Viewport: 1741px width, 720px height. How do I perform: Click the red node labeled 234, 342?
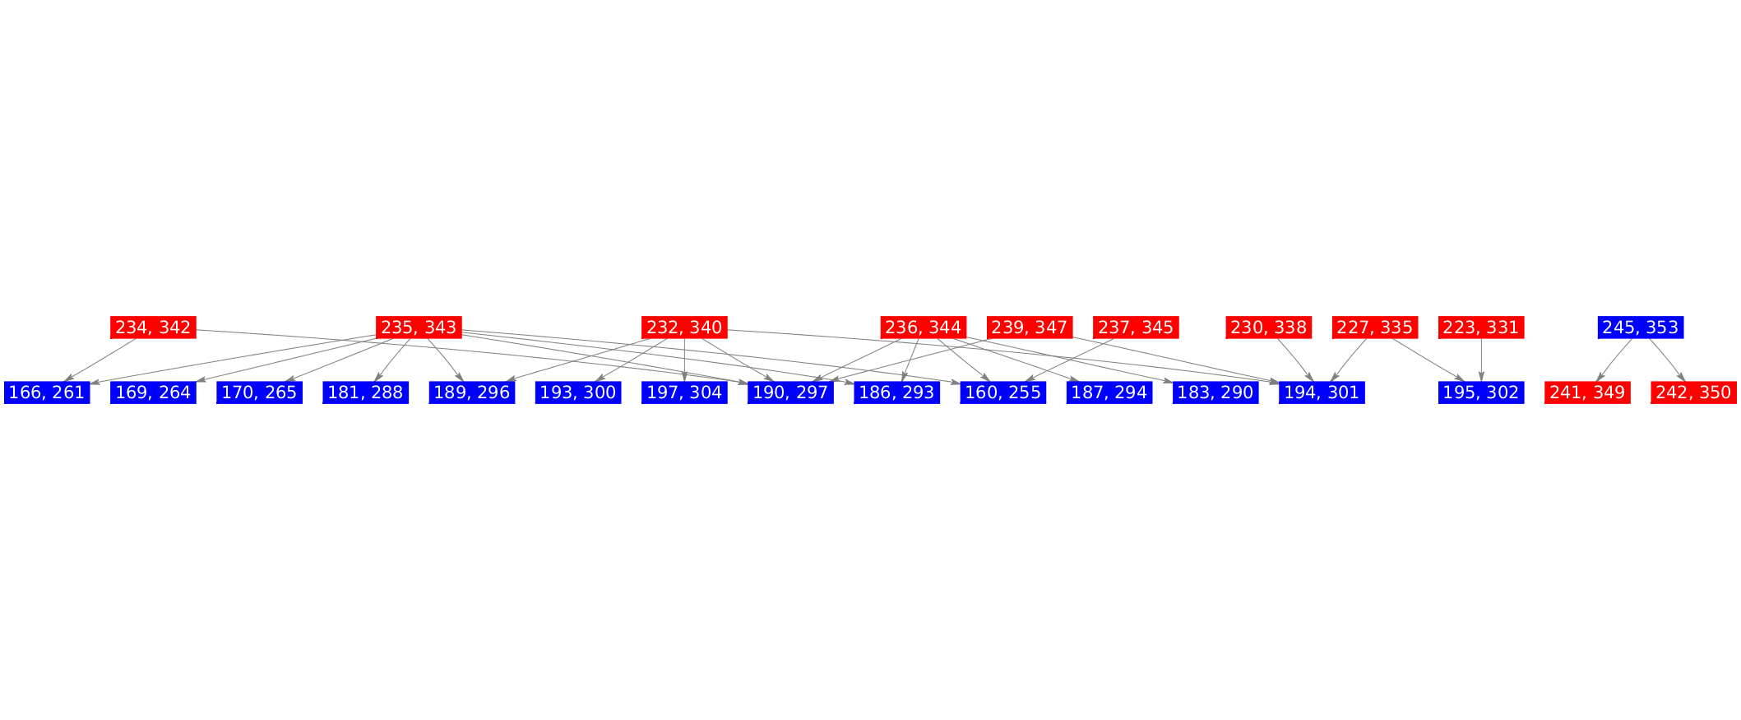coord(153,327)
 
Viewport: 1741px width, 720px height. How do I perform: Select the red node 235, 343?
coord(419,327)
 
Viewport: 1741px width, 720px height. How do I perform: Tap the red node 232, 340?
coord(684,327)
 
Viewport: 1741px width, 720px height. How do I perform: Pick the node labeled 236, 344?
coord(923,327)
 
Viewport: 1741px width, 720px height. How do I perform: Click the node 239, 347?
coord(1029,327)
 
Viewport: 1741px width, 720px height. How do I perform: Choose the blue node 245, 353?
coord(1640,327)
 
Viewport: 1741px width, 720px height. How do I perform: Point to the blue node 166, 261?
coord(47,393)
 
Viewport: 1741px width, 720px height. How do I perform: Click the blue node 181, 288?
coord(365,393)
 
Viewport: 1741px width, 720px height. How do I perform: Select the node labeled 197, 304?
coord(684,393)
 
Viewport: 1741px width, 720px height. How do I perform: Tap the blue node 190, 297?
coord(790,393)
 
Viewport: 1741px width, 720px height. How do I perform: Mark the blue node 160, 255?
coord(1002,393)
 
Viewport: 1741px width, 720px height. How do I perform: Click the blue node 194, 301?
coord(1322,393)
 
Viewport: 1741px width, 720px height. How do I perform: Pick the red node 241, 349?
coord(1586,393)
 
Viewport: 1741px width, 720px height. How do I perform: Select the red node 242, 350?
coord(1692,393)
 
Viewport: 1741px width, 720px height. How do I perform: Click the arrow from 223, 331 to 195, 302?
coord(1481,360)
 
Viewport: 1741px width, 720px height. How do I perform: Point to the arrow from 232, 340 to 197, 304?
coord(684,360)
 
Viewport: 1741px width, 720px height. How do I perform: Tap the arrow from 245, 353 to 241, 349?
coord(1614,360)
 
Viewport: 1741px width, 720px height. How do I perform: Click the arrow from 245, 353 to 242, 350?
coord(1667,360)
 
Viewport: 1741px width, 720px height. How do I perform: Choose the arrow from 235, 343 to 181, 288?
coord(392,360)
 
